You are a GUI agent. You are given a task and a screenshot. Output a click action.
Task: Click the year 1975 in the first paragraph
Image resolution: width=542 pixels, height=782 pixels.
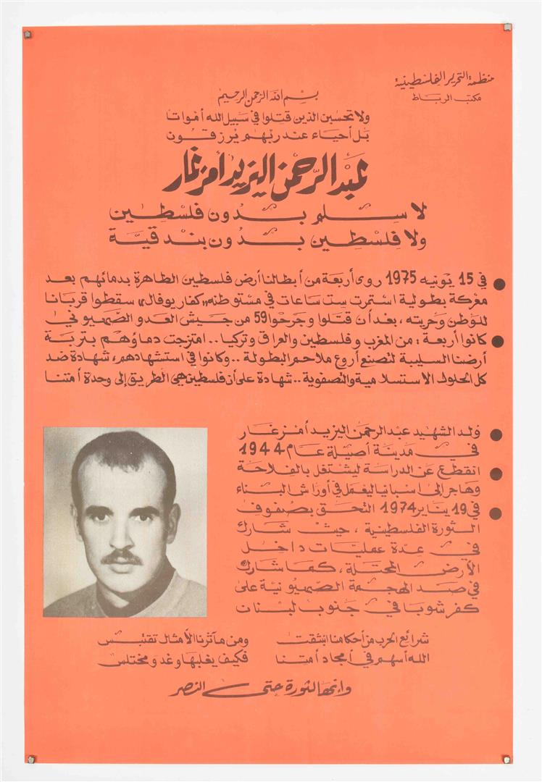401,279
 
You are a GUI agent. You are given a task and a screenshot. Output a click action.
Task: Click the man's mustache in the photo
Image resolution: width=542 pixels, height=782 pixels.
122,557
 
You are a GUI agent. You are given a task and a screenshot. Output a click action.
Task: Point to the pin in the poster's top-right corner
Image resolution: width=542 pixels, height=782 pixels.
506,28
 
